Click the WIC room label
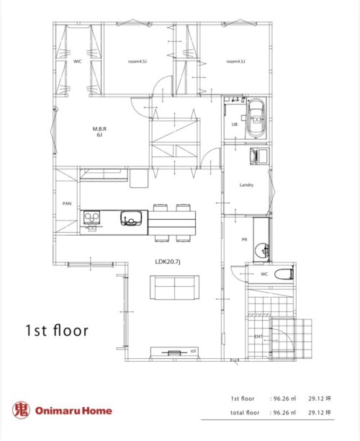78,61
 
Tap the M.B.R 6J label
99,132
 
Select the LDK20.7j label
168,262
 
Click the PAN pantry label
67,203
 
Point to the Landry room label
246,184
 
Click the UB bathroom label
235,125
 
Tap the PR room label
244,240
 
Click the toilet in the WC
284,274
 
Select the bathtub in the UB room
256,118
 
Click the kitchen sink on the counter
131,218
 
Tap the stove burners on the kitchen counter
91,218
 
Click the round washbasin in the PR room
262,250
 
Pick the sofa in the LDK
174,288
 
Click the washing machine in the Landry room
259,156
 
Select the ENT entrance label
258,337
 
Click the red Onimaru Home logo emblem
21,410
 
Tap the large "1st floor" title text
57,330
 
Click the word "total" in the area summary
237,413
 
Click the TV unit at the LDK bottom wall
174,352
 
